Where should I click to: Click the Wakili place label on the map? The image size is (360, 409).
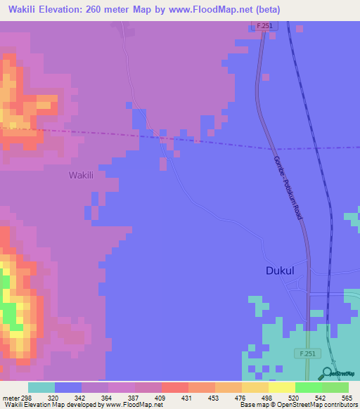pos(82,174)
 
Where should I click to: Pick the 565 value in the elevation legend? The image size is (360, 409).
pos(346,397)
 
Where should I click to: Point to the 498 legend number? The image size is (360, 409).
pos(266,397)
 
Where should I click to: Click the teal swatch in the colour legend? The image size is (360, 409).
pos(41,387)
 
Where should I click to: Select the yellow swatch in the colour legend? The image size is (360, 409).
pos(281,387)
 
